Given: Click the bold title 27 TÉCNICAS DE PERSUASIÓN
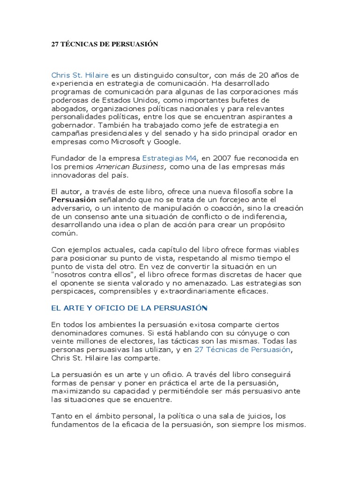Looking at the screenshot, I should pos(105,45).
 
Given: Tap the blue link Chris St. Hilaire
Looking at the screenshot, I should pos(80,75).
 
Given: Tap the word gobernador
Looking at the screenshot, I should pos(71,125).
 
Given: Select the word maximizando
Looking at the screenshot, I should pos(71,390).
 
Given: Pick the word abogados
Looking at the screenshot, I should pos(67,108).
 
